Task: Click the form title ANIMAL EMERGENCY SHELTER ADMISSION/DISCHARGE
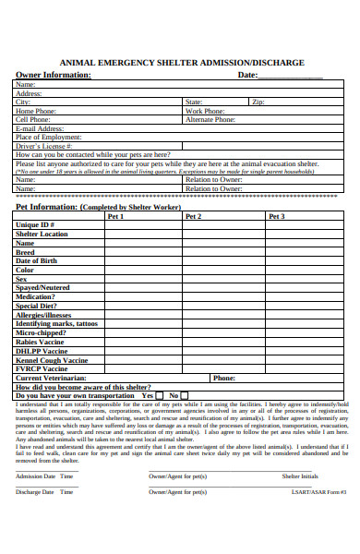[x=180, y=62]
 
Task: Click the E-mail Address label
[x=40, y=128]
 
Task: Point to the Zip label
[x=258, y=102]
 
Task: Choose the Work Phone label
[x=205, y=111]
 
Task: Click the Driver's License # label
[x=43, y=146]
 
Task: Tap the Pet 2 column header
[x=193, y=216]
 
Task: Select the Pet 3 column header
[x=276, y=216]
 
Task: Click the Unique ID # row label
[x=36, y=225]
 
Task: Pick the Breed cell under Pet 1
[x=143, y=252]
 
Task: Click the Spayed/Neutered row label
[x=42, y=288]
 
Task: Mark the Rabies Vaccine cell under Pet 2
[x=223, y=342]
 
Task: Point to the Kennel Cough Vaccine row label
[x=52, y=360]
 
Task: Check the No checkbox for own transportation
[x=186, y=396]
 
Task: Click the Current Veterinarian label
[x=51, y=378]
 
